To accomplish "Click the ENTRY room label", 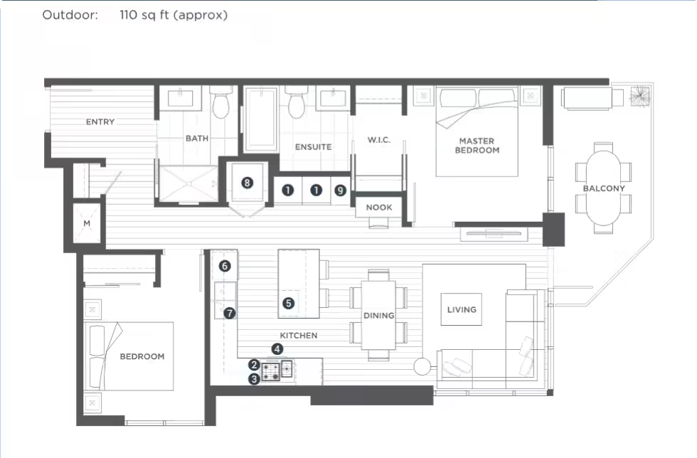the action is pos(100,122).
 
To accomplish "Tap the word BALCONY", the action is pos(604,188).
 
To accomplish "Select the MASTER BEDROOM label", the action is pos(477,145).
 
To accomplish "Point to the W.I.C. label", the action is pos(378,139).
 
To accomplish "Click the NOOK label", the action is pos(379,207).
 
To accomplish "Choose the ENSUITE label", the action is pos(314,147).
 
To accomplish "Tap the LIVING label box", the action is pos(462,309).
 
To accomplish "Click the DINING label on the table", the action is pos(378,315).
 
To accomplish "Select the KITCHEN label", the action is pos(299,335).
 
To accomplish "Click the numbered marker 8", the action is pos(248,183).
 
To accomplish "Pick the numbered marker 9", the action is pos(340,191).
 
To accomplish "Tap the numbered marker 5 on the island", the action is pos(289,303).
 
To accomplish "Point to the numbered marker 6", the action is pos(225,266).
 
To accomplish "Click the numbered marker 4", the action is pos(277,349).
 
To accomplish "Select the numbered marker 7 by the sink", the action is pos(229,313).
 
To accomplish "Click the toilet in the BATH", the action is pos(220,102).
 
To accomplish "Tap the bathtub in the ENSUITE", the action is pos(262,119).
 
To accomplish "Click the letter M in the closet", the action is pos(87,223).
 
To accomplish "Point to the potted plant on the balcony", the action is pos(639,97).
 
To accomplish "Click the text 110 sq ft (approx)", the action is pos(174,15).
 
